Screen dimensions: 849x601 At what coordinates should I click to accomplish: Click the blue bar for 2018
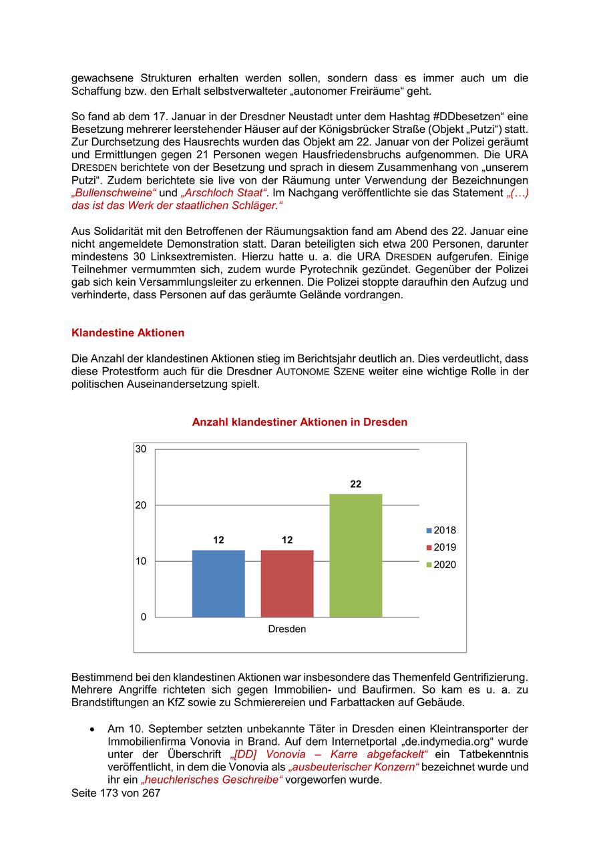coord(218,583)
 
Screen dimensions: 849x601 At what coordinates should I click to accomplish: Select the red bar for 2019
coord(287,583)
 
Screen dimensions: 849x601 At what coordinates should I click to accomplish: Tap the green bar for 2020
coord(356,555)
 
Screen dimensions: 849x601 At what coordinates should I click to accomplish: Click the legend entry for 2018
coord(441,531)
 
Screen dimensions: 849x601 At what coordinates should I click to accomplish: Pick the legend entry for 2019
coord(441,548)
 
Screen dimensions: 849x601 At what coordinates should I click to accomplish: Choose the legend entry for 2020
coord(441,565)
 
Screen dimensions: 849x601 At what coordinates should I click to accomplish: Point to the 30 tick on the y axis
coord(141,449)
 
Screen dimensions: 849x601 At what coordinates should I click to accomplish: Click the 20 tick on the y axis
coord(141,505)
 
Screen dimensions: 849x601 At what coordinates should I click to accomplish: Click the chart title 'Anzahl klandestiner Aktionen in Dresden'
coord(300,422)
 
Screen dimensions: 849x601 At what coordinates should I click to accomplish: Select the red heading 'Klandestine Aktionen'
coord(128,332)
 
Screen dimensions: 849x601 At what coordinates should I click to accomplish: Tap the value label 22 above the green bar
coord(356,484)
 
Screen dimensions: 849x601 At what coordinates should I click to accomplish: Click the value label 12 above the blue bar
coord(218,540)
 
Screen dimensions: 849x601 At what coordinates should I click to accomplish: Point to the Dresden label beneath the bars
coord(287,629)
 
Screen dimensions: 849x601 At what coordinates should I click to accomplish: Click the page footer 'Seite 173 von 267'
coord(116,794)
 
